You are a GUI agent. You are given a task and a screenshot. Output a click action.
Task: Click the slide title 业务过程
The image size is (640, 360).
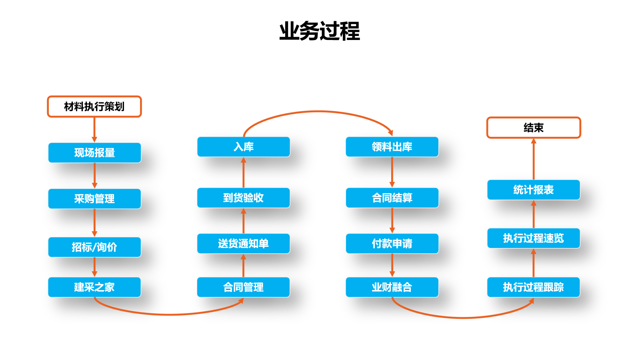point(319,31)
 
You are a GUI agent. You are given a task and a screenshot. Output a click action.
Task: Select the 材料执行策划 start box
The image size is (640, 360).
point(94,106)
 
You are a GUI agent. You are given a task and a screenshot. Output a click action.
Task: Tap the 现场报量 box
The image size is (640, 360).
point(94,153)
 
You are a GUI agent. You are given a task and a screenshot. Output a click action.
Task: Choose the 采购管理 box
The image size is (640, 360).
point(94,199)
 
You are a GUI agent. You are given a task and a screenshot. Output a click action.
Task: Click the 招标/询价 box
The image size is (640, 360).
point(94,247)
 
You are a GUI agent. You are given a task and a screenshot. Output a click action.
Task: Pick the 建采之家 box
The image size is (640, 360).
point(94,287)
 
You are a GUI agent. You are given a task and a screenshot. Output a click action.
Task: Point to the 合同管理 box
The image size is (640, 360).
point(243,287)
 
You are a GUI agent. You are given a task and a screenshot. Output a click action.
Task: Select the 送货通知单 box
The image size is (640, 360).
point(243,244)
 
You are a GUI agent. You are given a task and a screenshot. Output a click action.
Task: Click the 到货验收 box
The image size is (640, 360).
point(243,198)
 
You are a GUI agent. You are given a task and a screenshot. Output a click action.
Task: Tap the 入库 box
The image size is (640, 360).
point(243,147)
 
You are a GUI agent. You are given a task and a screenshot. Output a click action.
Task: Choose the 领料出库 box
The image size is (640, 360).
point(392,147)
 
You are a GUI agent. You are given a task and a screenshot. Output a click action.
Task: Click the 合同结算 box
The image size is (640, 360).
point(392,198)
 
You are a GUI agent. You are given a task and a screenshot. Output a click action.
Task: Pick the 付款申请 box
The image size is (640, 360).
point(392,244)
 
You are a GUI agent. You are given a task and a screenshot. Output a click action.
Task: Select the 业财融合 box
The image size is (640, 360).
point(392,287)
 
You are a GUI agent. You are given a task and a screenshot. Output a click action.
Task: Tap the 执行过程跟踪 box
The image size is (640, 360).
point(533,287)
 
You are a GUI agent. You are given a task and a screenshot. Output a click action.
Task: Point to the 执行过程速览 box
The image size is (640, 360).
point(533,238)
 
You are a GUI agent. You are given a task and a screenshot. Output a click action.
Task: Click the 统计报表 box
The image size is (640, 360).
point(533,190)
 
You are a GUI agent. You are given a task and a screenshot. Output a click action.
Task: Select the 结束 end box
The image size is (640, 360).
point(533,128)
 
